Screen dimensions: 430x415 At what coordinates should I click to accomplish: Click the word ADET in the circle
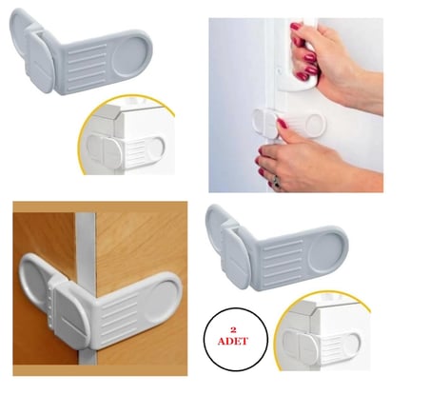point(233,342)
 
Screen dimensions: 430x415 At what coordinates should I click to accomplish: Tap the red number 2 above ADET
point(233,330)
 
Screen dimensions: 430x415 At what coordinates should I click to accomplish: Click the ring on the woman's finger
point(276,180)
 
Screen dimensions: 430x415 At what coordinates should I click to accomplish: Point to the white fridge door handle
point(303,55)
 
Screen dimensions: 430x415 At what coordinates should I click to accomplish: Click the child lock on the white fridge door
point(289,123)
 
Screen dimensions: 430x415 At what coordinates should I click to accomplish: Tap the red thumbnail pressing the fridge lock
point(282,123)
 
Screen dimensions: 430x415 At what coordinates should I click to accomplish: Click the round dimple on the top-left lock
point(132,57)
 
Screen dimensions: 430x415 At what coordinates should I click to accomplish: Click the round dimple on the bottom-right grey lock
point(328,253)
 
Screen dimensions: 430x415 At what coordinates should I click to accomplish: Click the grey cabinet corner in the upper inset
point(111,121)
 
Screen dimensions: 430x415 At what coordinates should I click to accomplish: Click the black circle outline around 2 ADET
point(204,340)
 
